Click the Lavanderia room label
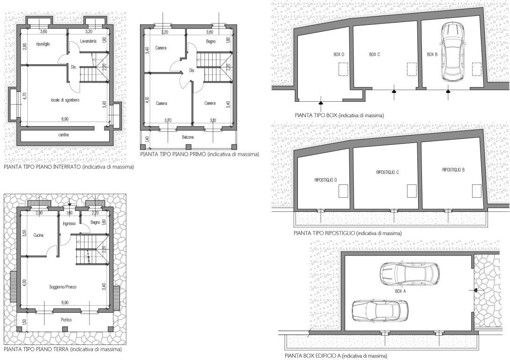coord(88,41)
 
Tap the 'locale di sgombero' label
coord(65,100)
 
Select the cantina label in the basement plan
coord(64,135)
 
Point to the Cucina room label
coord(38,235)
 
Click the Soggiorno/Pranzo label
coord(63,287)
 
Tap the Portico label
coord(66,320)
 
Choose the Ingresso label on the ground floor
coord(69,223)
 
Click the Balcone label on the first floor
coord(188,137)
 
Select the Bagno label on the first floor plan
coord(211,42)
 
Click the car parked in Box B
coord(452,52)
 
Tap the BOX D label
coord(339,54)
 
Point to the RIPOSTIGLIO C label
coord(387,172)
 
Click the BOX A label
coord(400,291)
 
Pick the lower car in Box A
coord(380,310)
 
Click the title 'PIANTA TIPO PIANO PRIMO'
coord(173,154)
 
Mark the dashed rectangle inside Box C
coord(412,69)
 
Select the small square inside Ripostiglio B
coord(477,191)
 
